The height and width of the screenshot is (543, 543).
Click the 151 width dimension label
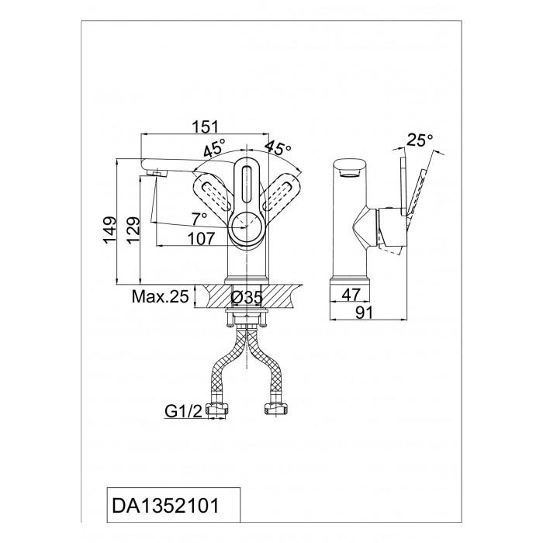point(206,126)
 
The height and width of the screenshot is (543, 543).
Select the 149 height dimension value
point(109,230)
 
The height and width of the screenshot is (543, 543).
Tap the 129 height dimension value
point(133,230)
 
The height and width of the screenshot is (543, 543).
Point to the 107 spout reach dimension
point(201,238)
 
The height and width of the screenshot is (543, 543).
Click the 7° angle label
point(199,218)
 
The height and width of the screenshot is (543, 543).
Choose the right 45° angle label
point(278,148)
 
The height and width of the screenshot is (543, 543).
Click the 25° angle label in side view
point(420,140)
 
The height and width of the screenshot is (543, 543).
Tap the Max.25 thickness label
point(161,297)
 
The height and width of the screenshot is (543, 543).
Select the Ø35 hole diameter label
point(247,298)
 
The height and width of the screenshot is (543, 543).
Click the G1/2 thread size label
point(183,411)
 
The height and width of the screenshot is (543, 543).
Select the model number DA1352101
point(165,506)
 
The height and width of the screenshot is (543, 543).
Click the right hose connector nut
point(276,409)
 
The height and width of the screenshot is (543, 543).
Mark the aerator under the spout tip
point(157,173)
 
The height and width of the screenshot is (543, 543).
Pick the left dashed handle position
point(212,192)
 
